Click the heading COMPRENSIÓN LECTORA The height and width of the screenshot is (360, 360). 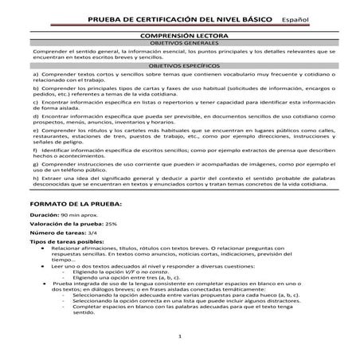click(179, 37)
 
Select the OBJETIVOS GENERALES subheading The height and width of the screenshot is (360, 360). click(179, 45)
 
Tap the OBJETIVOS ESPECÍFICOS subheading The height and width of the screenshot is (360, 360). click(179, 67)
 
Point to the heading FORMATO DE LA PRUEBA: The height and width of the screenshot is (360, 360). click(71, 205)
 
